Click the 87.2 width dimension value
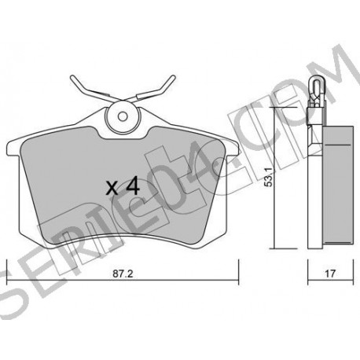pyautogui.click(x=123, y=274)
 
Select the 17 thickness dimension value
pyautogui.click(x=330, y=274)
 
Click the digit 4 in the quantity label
pyautogui.click(x=133, y=186)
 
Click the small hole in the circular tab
pyautogui.click(x=123, y=116)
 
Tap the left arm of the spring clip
pyautogui.click(x=92, y=89)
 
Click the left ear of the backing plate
pyautogui.click(x=13, y=149)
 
